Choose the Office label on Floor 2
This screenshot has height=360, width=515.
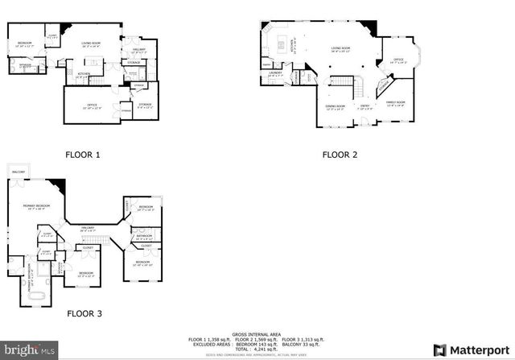click(398, 60)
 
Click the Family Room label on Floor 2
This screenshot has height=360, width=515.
click(394, 103)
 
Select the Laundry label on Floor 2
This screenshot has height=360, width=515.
click(274, 73)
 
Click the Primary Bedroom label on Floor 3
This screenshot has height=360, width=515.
click(37, 207)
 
